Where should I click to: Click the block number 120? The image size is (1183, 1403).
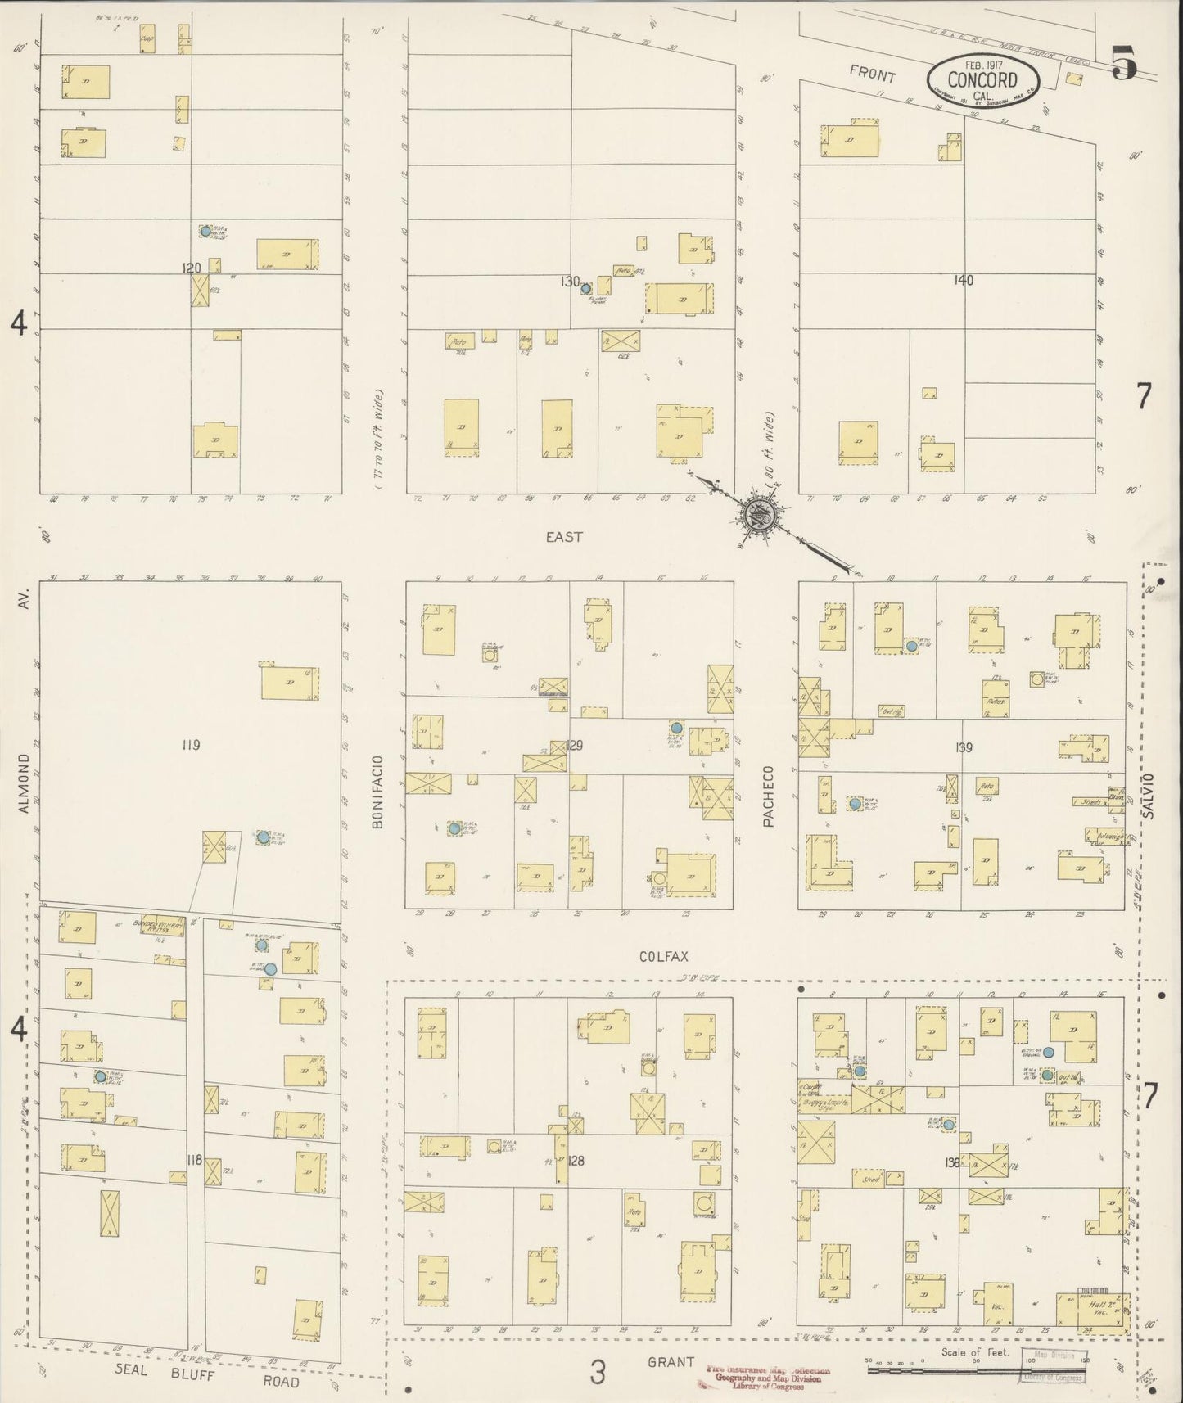pyautogui.click(x=192, y=268)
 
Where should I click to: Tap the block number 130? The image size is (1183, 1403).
pyautogui.click(x=570, y=282)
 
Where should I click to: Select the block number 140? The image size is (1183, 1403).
pyautogui.click(x=964, y=280)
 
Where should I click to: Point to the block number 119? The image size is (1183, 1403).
pyautogui.click(x=191, y=745)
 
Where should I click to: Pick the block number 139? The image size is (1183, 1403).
pyautogui.click(x=963, y=747)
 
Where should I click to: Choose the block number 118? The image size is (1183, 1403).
pyautogui.click(x=194, y=1160)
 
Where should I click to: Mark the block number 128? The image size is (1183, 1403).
pyautogui.click(x=577, y=1160)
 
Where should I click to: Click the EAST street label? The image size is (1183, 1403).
pyautogui.click(x=564, y=537)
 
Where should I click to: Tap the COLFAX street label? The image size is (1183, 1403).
pyautogui.click(x=663, y=955)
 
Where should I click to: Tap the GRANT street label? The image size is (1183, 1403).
pyautogui.click(x=671, y=1363)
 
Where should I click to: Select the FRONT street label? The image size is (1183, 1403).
pyautogui.click(x=872, y=74)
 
